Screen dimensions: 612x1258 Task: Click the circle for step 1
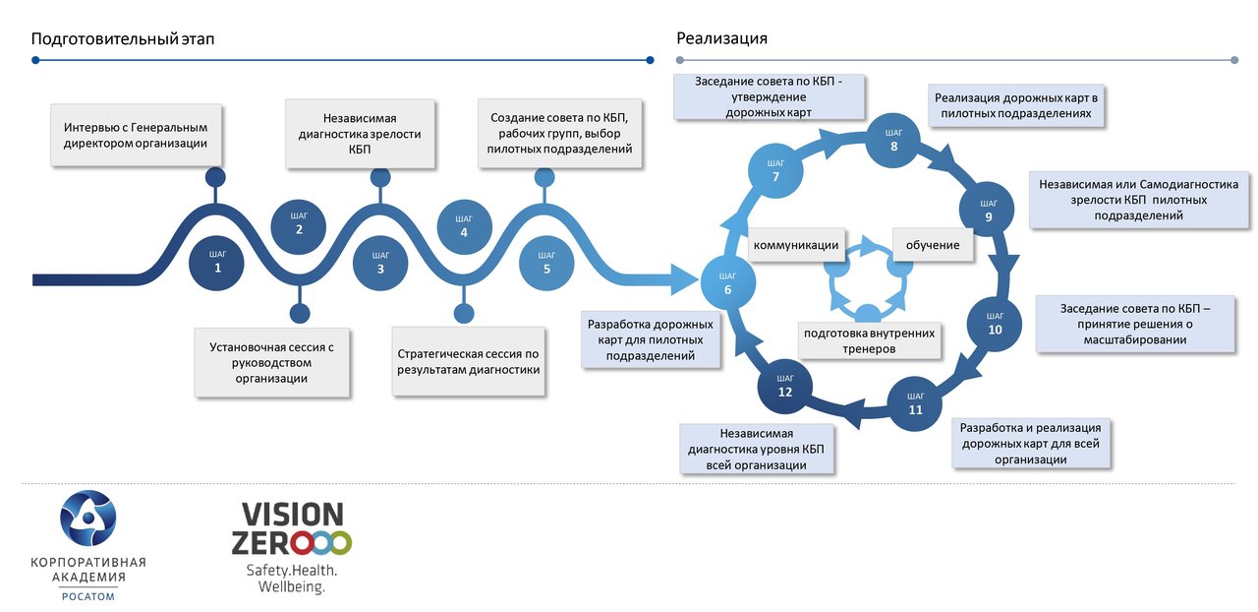217,262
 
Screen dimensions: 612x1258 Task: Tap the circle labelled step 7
775,171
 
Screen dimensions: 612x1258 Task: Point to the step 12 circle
785,386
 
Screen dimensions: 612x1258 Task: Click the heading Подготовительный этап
123,39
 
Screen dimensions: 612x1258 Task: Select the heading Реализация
721,39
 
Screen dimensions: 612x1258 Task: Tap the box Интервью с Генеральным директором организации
136,136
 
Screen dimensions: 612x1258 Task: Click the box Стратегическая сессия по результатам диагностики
469,362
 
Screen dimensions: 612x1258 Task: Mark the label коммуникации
796,245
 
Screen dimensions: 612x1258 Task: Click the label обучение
933,245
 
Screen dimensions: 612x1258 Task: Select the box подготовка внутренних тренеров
869,340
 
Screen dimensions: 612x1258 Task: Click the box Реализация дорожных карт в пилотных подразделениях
1016,105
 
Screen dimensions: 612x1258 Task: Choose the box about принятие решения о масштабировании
1136,324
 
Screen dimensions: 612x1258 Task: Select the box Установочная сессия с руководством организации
272,362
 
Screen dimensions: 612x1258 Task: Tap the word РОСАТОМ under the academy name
87,596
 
